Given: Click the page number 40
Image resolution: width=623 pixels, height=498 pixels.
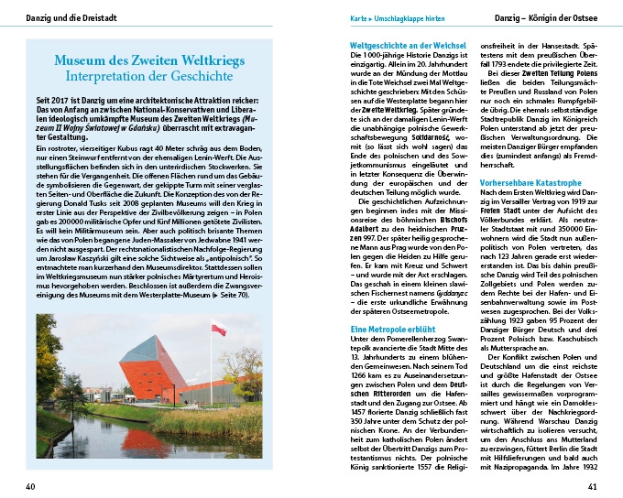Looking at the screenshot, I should tap(30, 485).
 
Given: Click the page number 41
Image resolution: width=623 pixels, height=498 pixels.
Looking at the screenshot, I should tap(593, 485).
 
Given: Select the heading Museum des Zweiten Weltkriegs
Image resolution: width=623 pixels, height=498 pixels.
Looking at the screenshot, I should tap(152, 60).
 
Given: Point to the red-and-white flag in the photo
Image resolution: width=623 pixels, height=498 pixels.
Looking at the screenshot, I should tap(217, 328).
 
